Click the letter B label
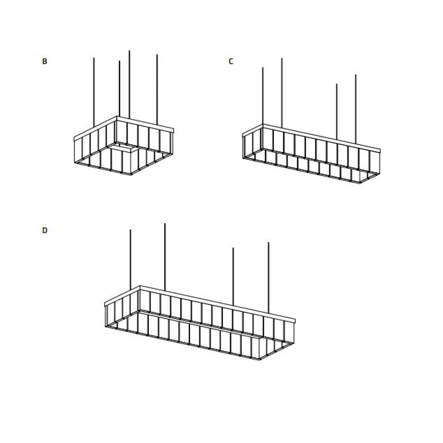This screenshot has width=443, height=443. pyautogui.click(x=45, y=61)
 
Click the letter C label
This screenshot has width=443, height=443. pyautogui.click(x=231, y=61)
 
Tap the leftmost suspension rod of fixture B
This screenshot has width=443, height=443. pyautogui.click(x=94, y=92)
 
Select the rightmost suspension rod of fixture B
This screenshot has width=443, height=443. pyautogui.click(x=157, y=90)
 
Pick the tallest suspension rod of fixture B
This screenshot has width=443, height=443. pyautogui.click(x=129, y=85)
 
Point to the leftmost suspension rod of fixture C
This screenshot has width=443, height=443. pyautogui.click(x=263, y=96)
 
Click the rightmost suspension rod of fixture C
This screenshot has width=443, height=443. pyautogui.click(x=356, y=109)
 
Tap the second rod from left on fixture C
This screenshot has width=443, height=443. pyautogui.click(x=282, y=93)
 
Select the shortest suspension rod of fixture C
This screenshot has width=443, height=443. pyautogui.click(x=337, y=112)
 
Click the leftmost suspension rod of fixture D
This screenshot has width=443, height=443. pyautogui.click(x=130, y=260)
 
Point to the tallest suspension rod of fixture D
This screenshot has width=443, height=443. pyautogui.click(x=165, y=257)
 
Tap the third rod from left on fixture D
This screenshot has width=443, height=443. pyautogui.click(x=233, y=277)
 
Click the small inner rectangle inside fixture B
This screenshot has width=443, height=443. pyautogui.click(x=123, y=147)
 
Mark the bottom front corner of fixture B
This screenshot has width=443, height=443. pyautogui.click(x=131, y=175)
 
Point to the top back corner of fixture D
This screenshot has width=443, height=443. pyautogui.click(x=140, y=286)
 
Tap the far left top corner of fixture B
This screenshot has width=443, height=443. pyautogui.click(x=74, y=138)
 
